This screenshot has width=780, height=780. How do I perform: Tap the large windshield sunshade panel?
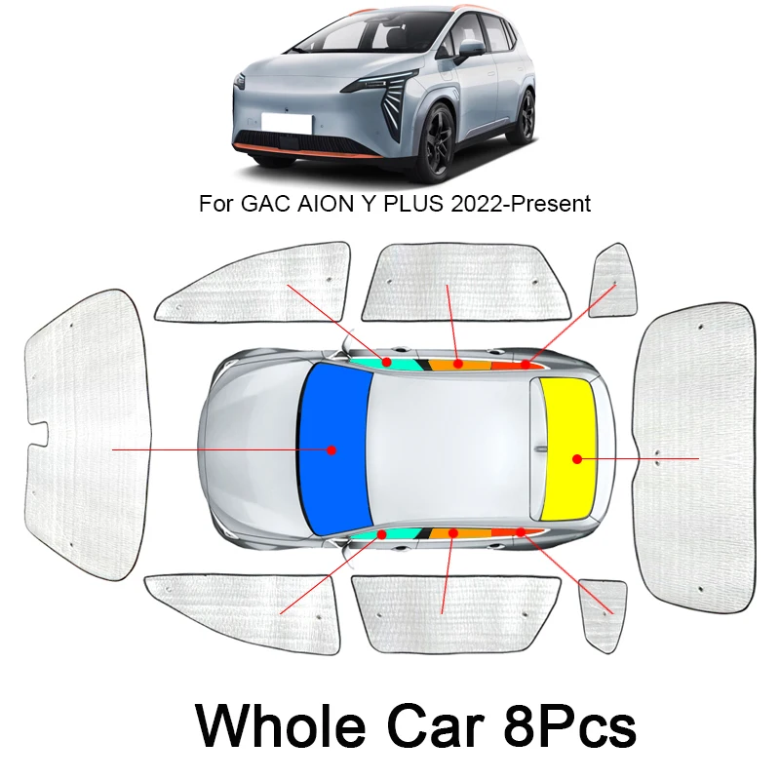(x=86, y=434)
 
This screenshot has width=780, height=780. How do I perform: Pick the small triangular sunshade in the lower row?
(x=602, y=611)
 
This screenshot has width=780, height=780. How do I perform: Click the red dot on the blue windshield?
(x=331, y=450)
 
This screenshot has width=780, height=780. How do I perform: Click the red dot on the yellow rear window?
(x=577, y=458)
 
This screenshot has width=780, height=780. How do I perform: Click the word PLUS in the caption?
(x=400, y=205)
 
